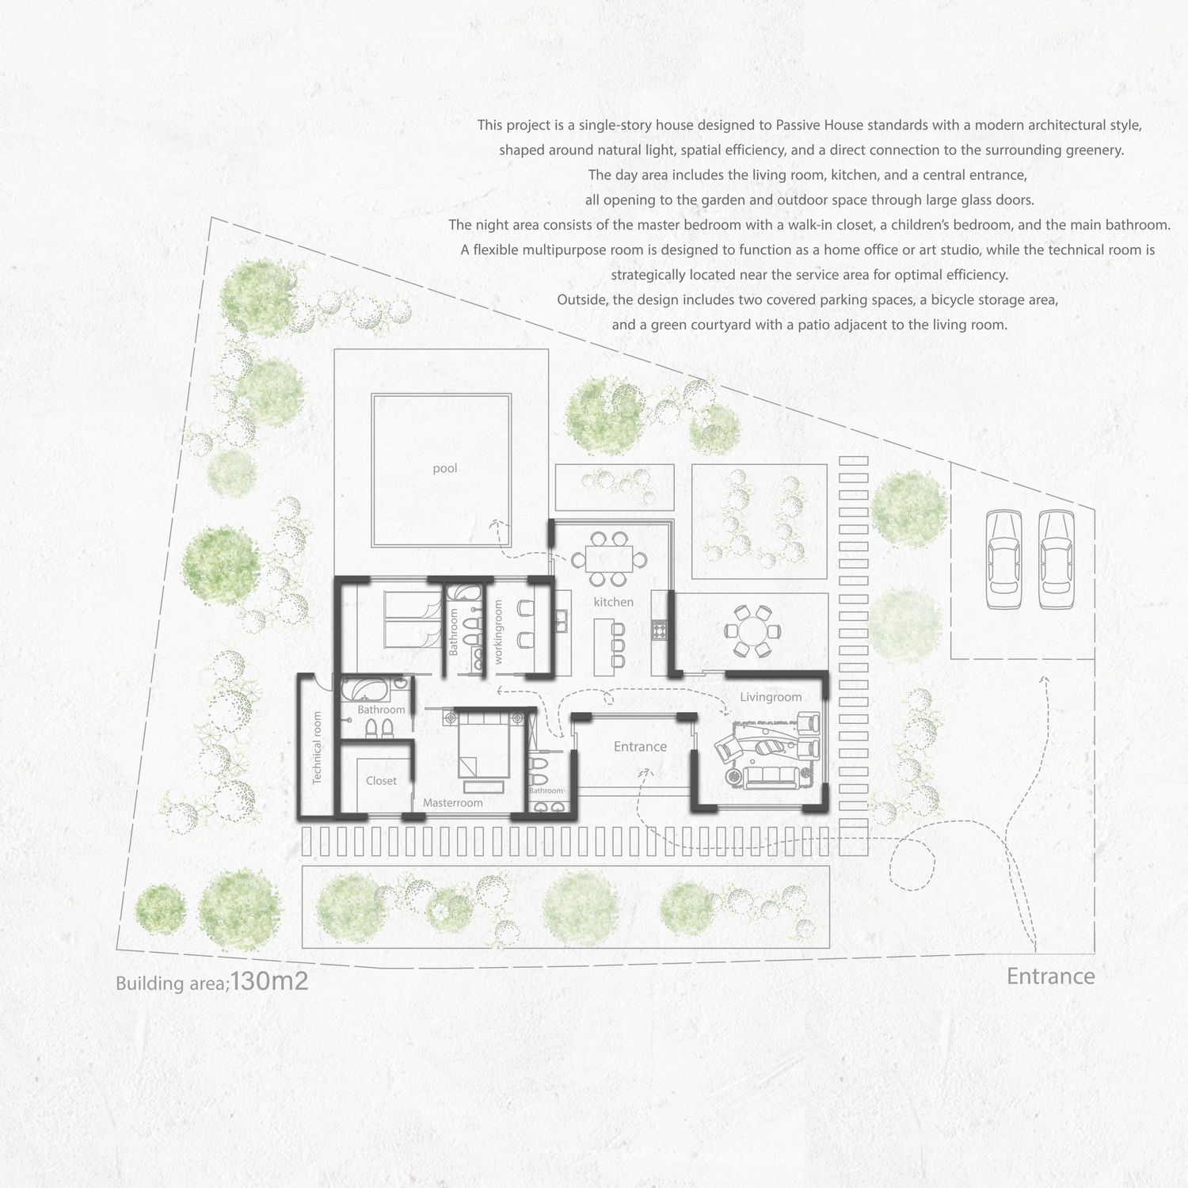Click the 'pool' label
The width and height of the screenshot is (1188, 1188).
pos(445,468)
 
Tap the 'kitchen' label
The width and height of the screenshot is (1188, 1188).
pos(613,602)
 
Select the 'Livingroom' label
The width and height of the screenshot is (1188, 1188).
pos(771,697)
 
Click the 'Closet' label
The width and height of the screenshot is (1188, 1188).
pos(381,781)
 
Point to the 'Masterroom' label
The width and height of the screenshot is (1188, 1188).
pos(452,803)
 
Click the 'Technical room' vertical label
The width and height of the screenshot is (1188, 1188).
pos(317,748)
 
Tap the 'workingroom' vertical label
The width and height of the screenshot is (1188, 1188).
pos(498,631)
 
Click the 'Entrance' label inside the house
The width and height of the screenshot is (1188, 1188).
pos(640,747)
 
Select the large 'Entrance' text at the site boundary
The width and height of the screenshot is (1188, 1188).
pos(1050,977)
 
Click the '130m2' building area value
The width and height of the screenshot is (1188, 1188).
pos(269,981)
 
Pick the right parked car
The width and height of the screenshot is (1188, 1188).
pos(1056,559)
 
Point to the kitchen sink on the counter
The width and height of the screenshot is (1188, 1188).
pos(562,620)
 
